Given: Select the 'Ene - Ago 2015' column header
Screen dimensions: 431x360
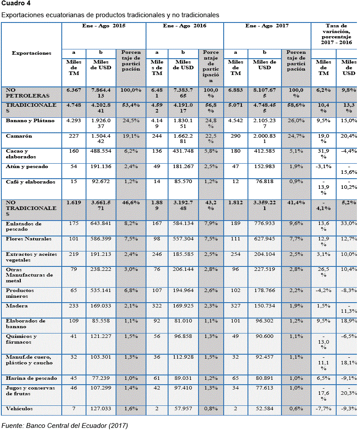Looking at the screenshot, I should tap(104, 26).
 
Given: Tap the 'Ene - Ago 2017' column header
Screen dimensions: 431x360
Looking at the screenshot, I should tap(267, 26).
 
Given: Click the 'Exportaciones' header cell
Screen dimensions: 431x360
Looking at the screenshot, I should tap(31, 53).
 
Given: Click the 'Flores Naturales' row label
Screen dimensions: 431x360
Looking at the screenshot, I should tap(29, 239).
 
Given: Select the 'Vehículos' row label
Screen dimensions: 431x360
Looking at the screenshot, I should tap(19, 409).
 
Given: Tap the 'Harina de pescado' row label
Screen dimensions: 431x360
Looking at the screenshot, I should tap(30, 378).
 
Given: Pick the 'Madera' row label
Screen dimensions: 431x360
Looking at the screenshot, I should tap(17, 306).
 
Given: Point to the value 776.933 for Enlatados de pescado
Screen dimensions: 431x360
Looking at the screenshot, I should tap(264, 224).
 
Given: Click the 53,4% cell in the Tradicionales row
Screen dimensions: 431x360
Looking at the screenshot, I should tap(131, 105).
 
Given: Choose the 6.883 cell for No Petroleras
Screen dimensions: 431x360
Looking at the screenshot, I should tap(236, 90).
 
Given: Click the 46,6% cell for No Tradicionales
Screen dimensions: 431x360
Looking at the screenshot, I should tap(131, 202).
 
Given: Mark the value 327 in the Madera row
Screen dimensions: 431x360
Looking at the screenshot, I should tap(236, 306).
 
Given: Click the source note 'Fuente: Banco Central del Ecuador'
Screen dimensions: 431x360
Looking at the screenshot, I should tap(65, 426).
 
